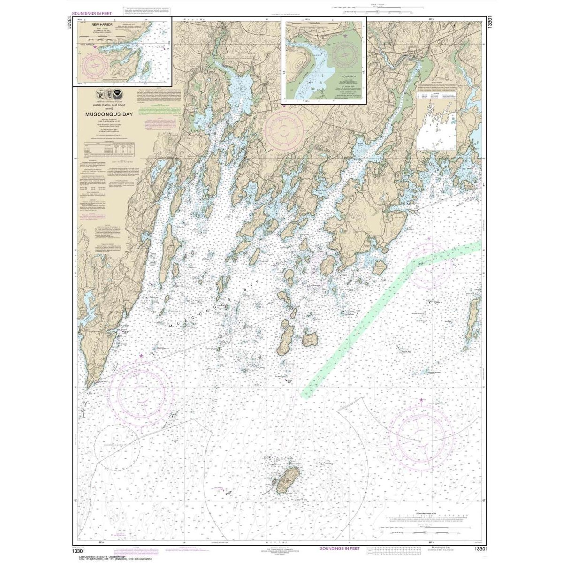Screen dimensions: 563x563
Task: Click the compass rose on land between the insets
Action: click(284, 126)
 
